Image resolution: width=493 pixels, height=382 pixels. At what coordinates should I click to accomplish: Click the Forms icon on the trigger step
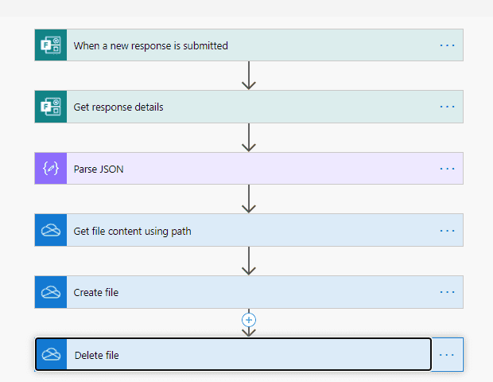[51, 45]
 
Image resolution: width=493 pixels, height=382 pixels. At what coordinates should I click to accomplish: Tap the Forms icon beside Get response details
[51, 107]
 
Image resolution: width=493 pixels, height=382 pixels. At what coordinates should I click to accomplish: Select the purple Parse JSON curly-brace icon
[51, 169]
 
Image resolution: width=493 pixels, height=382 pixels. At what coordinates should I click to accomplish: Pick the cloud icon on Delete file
[51, 355]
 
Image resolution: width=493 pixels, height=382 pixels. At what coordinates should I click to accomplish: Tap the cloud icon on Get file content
[51, 230]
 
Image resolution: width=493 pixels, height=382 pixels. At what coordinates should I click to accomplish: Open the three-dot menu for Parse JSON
[447, 169]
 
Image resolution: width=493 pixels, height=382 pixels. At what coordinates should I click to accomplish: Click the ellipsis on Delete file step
[447, 355]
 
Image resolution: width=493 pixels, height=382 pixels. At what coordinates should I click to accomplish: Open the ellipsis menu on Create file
[447, 292]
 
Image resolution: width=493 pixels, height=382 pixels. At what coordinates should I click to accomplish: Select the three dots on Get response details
[447, 107]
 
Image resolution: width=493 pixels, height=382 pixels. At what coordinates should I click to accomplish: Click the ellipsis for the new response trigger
[447, 45]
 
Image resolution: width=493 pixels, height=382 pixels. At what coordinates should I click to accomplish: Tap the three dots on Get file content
[447, 231]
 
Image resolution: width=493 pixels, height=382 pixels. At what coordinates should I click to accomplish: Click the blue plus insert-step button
[249, 320]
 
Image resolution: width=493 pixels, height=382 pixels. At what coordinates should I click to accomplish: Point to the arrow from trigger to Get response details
[249, 76]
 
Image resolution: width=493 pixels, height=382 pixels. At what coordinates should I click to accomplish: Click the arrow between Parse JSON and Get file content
[249, 199]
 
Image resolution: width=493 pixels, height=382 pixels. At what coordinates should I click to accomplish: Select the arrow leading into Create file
[249, 261]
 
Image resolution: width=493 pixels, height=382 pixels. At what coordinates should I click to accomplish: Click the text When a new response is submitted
[150, 45]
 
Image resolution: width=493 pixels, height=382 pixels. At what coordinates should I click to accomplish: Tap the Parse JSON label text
[99, 170]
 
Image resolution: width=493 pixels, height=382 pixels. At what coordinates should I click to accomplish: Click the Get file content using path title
[132, 232]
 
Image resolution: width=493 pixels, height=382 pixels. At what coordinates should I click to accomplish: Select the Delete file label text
[96, 355]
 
